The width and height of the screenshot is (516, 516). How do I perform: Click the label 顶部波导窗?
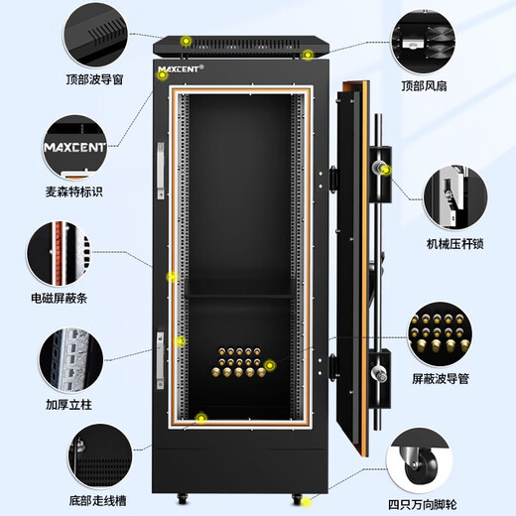(94, 79)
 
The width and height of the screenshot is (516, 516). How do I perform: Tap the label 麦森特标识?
(74, 192)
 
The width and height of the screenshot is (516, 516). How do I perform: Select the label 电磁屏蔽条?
(60, 298)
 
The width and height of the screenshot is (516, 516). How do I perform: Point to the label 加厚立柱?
(68, 404)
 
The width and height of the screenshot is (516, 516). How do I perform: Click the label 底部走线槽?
(97, 500)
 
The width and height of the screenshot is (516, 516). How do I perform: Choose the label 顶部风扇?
(424, 86)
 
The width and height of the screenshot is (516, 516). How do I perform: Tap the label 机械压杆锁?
(455, 244)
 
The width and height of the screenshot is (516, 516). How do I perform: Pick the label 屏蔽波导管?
(441, 378)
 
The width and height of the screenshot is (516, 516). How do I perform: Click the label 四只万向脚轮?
(423, 505)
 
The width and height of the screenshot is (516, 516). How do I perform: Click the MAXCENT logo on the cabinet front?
(181, 69)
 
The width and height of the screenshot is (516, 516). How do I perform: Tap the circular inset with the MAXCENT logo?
(75, 148)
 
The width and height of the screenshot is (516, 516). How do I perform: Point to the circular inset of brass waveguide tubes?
(440, 334)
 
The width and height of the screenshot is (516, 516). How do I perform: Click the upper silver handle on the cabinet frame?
(161, 171)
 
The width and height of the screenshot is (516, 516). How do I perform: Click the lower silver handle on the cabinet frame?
(160, 360)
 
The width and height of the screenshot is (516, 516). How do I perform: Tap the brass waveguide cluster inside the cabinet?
(239, 362)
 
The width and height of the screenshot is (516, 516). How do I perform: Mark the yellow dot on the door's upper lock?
(386, 170)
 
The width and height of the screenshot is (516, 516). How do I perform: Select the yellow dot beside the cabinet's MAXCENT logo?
(163, 75)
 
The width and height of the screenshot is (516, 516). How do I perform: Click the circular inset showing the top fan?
(423, 43)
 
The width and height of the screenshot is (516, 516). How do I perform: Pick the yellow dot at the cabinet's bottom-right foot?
(307, 502)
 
